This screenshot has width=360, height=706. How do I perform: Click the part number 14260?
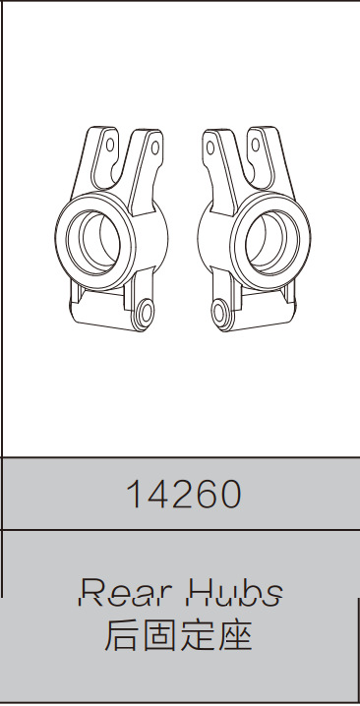click(x=183, y=495)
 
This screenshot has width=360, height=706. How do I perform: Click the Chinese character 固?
click(x=162, y=635)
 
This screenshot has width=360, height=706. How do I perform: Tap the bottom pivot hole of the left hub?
click(x=144, y=314)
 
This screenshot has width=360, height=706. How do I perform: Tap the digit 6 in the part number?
click(x=207, y=495)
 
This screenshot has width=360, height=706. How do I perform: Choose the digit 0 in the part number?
click(x=231, y=495)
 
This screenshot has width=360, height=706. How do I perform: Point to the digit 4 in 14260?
click(x=157, y=495)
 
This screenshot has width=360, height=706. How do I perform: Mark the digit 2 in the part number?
click(x=182, y=495)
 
